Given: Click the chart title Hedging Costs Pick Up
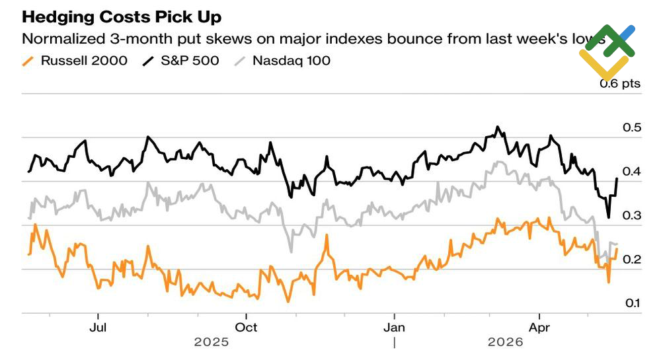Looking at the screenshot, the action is [x=122, y=17].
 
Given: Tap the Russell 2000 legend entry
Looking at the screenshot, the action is [x=75, y=61].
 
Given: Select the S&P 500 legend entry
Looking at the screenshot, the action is [x=181, y=61].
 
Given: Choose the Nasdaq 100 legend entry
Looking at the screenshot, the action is [x=282, y=61].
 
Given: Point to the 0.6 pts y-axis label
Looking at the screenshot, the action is [x=620, y=83].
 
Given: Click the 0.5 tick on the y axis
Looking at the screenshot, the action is [x=631, y=127].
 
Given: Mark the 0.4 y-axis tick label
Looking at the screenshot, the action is [x=631, y=171].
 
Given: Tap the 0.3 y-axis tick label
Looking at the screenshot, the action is [x=631, y=215].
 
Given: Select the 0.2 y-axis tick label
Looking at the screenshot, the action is [x=631, y=259].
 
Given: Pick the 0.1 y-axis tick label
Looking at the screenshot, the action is [x=633, y=303].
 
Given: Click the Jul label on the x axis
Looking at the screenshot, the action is [x=98, y=328].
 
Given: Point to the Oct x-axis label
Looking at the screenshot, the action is [x=246, y=328].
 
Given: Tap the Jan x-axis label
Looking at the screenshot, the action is [x=394, y=328].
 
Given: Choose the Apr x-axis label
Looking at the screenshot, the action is [x=539, y=328].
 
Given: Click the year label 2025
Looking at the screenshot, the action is [x=212, y=342].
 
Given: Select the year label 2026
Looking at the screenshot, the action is [x=506, y=342].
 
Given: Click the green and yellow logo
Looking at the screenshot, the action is [x=607, y=52].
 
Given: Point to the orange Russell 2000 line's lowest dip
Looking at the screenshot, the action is [x=288, y=301].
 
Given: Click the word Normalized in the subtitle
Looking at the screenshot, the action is [x=63, y=39].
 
